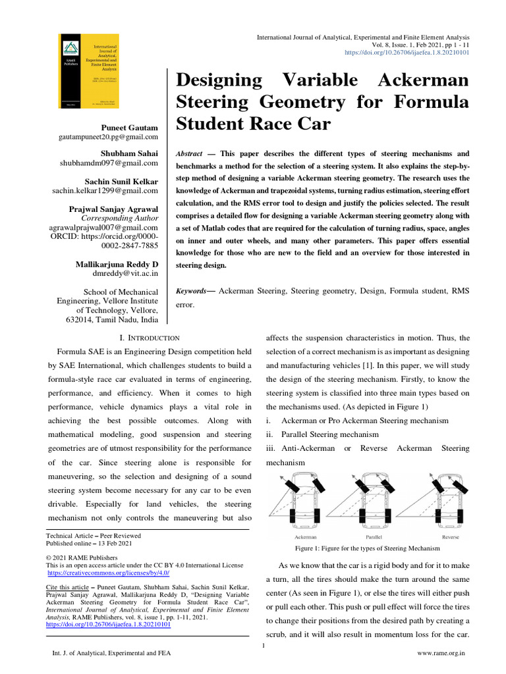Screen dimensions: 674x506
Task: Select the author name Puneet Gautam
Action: click(130, 127)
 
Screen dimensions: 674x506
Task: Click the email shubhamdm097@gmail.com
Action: click(117, 163)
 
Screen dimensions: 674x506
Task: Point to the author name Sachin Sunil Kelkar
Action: click(122, 181)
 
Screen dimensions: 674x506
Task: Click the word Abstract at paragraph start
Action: click(188, 153)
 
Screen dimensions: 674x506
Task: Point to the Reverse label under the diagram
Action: click(450, 537)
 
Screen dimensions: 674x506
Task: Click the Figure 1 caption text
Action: click(367, 548)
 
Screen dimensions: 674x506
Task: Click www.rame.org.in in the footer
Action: click(442, 653)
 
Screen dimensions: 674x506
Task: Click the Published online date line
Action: click(88, 544)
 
